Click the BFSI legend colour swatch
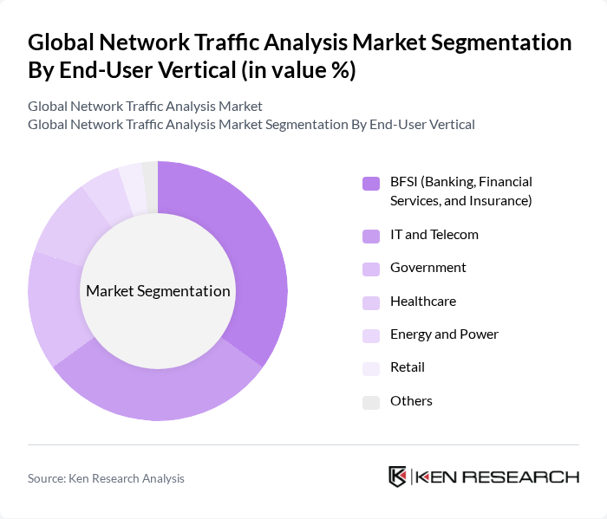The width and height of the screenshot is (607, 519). click(x=371, y=183)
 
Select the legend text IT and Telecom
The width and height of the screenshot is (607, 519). click(x=434, y=235)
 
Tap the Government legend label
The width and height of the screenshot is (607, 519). click(x=428, y=268)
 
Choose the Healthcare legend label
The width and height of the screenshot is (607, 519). click(x=422, y=302)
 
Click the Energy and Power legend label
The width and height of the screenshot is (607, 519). click(x=444, y=334)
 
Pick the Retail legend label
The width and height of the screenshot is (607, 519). click(x=408, y=367)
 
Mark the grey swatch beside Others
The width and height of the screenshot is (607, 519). click(x=371, y=401)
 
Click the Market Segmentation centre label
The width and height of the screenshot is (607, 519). click(x=158, y=291)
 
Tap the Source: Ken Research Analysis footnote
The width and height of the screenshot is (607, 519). click(x=106, y=478)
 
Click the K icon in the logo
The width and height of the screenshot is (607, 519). click(x=397, y=477)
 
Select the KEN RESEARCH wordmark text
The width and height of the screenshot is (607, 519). click(x=498, y=477)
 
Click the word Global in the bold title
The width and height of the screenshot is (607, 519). click(x=63, y=42)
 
